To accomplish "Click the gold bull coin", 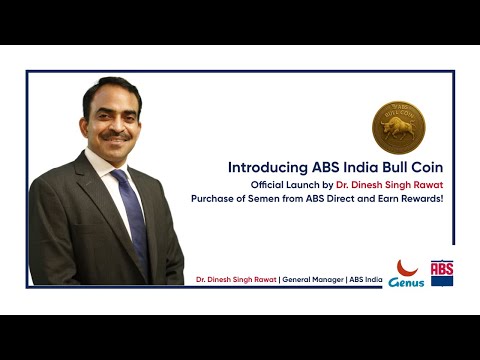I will coord(399,127).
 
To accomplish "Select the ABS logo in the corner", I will coord(442,273).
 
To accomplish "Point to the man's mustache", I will coord(117,133).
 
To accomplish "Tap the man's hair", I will coord(112,86).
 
